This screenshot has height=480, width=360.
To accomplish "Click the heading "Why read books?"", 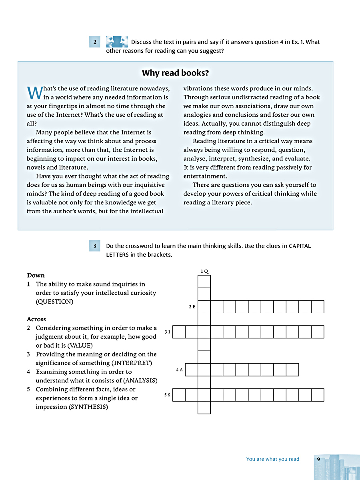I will coord(175,73).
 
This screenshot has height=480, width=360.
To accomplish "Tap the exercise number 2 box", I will coord(95,42).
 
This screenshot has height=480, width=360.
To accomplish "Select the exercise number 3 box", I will coord(95,246).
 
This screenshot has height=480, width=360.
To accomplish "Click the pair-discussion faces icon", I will coord(117,42).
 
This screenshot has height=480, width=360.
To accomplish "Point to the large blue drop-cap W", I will coord(34,92).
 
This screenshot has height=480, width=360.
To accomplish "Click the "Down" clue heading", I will coord(36,275).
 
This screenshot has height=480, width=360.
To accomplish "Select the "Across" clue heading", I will coord(36,319).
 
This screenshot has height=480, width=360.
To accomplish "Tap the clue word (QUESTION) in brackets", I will coord(54,302).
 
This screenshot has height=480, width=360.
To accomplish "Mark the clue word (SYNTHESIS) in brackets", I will coord(88,407).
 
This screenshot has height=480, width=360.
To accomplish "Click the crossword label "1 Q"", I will coord(204,271).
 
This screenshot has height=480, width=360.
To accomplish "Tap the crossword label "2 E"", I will coord(192,307).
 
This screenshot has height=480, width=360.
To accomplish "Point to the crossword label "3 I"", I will coord(167,332).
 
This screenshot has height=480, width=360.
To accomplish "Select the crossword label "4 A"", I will coord(179,370).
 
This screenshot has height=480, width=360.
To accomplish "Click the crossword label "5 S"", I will coord(167,395).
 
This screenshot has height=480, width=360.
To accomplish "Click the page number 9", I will coord(318,459).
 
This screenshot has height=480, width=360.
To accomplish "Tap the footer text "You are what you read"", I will coord(273,459).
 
